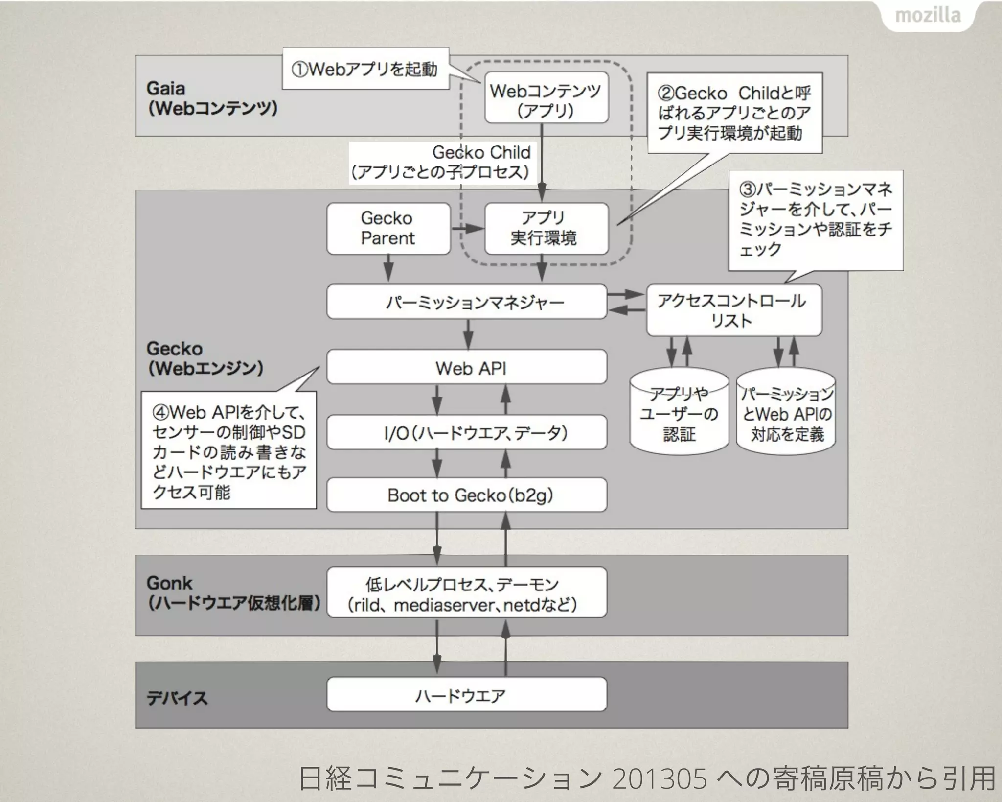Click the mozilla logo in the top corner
[x=928, y=16]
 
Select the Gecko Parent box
[x=388, y=229]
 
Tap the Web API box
[x=467, y=367]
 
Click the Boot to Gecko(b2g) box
[x=467, y=495]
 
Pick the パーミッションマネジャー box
[x=467, y=302]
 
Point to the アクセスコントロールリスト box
[x=734, y=310]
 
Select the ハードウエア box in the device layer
[x=467, y=695]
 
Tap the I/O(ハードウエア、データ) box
[x=467, y=433]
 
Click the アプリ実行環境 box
[x=547, y=229]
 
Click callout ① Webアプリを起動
[x=365, y=69]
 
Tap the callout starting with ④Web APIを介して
[x=228, y=450]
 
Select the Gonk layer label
[x=169, y=583]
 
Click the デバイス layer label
[x=177, y=697]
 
